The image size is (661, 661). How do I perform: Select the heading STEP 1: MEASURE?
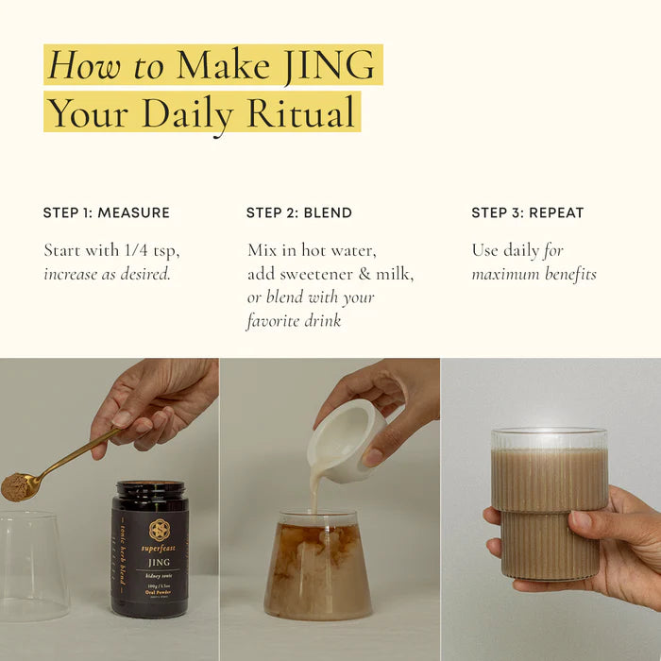pyautogui.click(x=107, y=212)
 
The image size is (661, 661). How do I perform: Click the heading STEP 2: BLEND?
pyautogui.click(x=299, y=212)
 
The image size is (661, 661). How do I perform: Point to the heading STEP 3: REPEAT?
pyautogui.click(x=528, y=212)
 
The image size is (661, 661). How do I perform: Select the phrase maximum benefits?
pyautogui.click(x=534, y=275)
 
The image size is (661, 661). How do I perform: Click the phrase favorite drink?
pyautogui.click(x=294, y=321)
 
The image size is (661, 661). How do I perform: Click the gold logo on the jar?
pyautogui.click(x=160, y=530)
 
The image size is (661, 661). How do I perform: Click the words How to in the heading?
pyautogui.click(x=106, y=64)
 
